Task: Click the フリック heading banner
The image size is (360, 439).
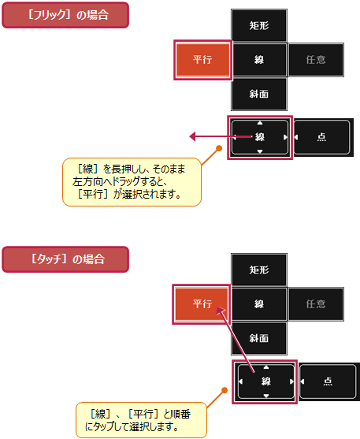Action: tap(65, 15)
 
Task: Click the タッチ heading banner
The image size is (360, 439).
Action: tap(65, 259)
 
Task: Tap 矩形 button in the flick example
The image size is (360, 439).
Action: tap(259, 25)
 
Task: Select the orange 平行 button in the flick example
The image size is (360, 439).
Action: tap(202, 60)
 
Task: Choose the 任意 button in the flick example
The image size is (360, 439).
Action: tap(316, 60)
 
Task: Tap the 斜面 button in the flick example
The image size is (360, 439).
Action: tap(259, 94)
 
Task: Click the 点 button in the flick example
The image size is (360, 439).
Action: tap(322, 137)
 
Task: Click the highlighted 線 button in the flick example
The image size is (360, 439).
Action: tap(260, 137)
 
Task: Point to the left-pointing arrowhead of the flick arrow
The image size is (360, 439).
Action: tap(192, 136)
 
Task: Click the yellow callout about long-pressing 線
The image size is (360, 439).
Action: tap(132, 182)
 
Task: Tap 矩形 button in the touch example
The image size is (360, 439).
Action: tap(259, 270)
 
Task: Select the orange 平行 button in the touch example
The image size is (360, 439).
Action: tap(202, 304)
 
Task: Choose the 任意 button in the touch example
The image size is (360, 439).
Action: tap(316, 304)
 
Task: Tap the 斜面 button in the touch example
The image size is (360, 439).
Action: tap(259, 338)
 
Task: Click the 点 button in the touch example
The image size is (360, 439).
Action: tap(328, 381)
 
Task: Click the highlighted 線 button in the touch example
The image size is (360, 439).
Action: tap(265, 381)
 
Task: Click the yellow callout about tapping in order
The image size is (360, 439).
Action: tap(141, 420)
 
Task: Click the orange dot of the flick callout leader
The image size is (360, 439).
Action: tap(220, 148)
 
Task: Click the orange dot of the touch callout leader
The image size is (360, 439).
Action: tap(225, 390)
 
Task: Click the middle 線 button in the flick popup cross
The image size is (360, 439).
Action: tap(259, 60)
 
